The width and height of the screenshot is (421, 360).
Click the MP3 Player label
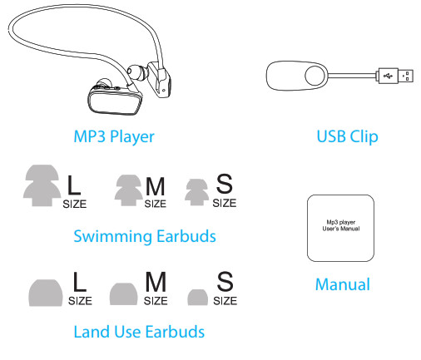coord(114,136)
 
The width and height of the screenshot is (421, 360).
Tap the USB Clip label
coord(347,136)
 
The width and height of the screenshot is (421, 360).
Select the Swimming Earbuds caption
coord(145,237)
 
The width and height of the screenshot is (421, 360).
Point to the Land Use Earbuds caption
coord(139,332)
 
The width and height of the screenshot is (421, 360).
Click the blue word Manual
coord(343,284)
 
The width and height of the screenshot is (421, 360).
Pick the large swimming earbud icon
coord(42,185)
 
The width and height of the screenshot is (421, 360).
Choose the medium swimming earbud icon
coord(129,190)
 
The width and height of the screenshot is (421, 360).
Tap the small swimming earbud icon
coord(196,192)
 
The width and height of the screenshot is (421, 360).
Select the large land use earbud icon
coord(46,293)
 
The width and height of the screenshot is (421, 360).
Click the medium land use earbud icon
coord(123,294)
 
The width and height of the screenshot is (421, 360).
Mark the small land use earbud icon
coord(197,298)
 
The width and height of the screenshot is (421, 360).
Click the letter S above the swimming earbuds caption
coord(224,184)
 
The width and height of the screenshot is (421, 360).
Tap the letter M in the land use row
coord(156,282)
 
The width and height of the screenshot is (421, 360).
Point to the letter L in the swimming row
coord(74,185)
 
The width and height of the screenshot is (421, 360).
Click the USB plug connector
coord(396,76)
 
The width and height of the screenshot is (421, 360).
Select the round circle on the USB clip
coord(315,76)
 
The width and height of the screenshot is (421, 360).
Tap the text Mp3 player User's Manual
coord(341,225)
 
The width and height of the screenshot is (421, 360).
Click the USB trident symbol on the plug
coord(388,76)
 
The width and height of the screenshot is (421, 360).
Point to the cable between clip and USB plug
coord(352,76)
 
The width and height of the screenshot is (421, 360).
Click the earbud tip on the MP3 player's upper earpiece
coord(136,72)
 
